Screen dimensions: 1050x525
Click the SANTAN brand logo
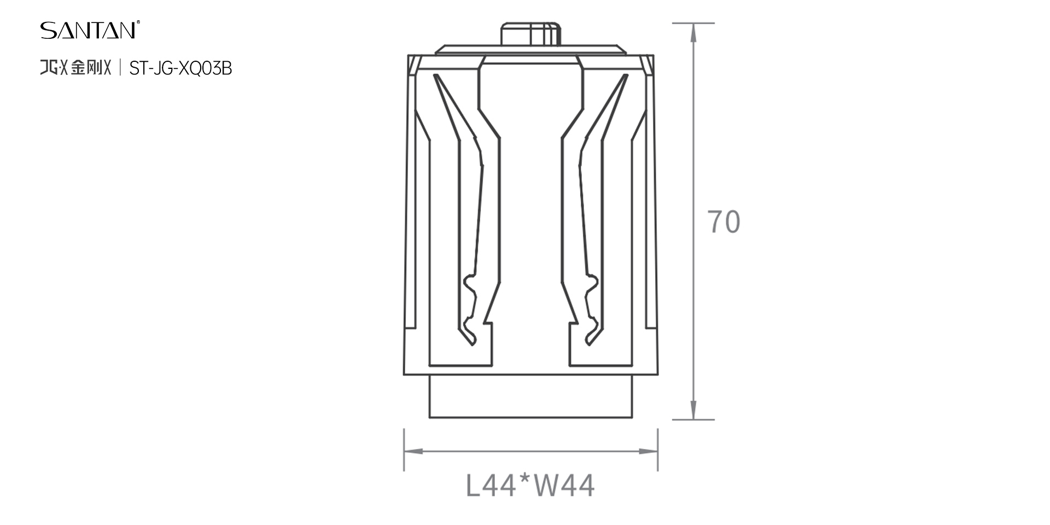click(88, 30)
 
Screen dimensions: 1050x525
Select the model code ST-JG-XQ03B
click(180, 68)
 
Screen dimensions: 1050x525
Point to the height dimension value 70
click(724, 221)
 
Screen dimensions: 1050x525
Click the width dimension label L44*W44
click(530, 485)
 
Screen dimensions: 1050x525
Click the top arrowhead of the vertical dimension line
click(693, 33)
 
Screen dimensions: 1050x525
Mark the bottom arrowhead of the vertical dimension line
click(693, 410)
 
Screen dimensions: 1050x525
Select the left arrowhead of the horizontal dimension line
click(413, 451)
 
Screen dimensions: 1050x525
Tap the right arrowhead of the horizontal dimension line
click(648, 451)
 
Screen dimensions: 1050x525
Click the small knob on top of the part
click(530, 34)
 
